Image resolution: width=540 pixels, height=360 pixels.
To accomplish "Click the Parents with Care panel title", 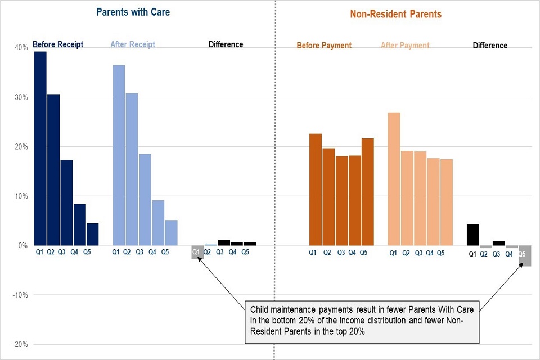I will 133,12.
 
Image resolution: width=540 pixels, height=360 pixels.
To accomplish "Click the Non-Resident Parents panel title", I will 396,14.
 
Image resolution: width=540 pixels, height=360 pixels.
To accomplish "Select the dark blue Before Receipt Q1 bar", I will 40,148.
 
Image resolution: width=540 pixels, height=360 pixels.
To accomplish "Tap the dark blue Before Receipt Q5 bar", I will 92,234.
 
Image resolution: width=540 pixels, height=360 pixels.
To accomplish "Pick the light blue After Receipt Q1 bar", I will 119,155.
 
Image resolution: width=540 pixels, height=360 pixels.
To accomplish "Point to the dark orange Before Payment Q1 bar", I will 316,190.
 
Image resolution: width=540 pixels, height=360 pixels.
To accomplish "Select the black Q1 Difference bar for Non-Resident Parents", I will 473,235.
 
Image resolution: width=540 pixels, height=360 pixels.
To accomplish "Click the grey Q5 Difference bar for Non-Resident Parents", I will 525,255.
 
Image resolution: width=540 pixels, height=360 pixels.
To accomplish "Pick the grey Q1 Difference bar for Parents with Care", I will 197,252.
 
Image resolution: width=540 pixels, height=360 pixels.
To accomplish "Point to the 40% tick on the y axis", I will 21,47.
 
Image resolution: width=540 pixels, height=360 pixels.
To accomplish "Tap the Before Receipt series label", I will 58,44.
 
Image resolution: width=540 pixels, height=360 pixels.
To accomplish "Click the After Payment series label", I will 405,46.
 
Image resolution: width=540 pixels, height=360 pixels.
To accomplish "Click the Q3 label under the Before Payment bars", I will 341,253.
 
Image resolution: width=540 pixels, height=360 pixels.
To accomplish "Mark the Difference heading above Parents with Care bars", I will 226,44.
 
